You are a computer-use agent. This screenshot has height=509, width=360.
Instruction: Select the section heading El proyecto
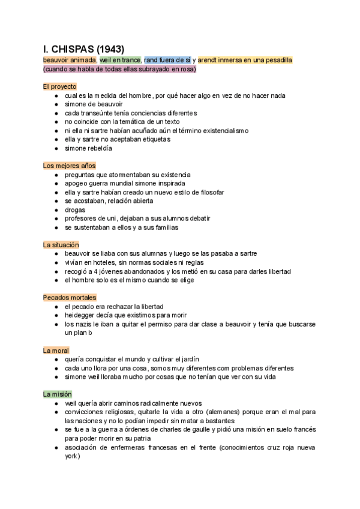pyautogui.click(x=60, y=86)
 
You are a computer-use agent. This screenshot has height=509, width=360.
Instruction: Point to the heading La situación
pyautogui.click(x=61, y=245)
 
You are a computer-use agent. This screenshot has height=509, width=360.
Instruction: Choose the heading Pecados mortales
pyautogui.click(x=70, y=298)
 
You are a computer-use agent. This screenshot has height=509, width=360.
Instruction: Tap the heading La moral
pyautogui.click(x=56, y=351)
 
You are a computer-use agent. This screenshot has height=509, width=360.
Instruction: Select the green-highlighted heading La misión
pyautogui.click(x=58, y=394)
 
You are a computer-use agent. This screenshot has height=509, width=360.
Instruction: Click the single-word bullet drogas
pyautogui.click(x=75, y=210)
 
